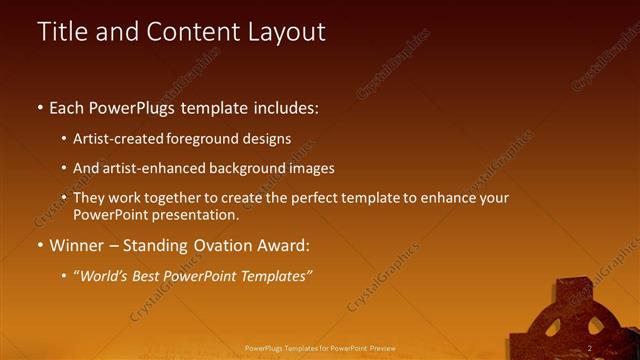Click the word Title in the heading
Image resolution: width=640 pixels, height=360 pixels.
click(62, 32)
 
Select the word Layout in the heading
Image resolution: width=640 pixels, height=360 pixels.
click(282, 32)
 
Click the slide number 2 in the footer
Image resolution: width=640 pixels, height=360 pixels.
click(590, 348)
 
